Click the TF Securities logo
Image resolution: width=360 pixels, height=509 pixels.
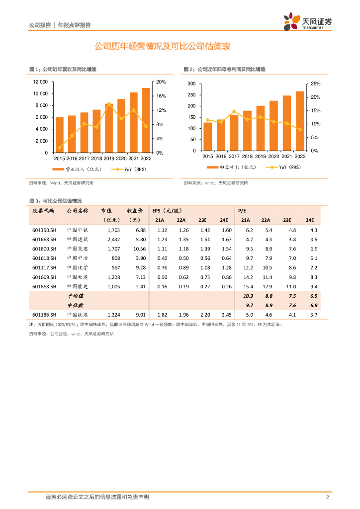pyautogui.click(x=307, y=22)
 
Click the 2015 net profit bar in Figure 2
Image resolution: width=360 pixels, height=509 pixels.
pyautogui.click(x=207, y=136)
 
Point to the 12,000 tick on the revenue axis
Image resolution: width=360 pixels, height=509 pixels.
pyautogui.click(x=40, y=82)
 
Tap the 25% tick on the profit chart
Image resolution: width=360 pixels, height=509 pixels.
pyautogui.click(x=315, y=84)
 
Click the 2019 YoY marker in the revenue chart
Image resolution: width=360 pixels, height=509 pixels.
pyautogui.click(x=109, y=104)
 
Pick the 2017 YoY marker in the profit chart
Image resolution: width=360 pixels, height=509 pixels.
pyautogui.click(x=234, y=111)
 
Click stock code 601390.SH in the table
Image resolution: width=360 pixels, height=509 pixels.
pyautogui.click(x=44, y=230)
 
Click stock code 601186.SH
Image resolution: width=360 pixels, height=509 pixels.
pyautogui.click(x=44, y=315)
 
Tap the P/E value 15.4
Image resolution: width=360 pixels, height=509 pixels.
pyautogui.click(x=249, y=287)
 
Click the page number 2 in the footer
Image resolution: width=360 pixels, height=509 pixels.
pyautogui.click(x=327, y=498)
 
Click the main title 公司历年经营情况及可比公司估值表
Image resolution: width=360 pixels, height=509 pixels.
pyautogui.click(x=163, y=47)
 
